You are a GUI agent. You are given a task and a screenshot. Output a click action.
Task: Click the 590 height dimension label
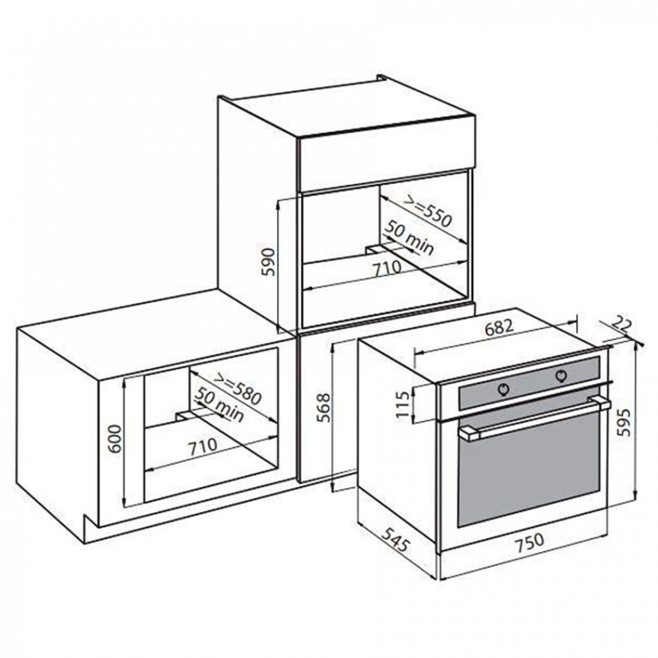pos(268,262)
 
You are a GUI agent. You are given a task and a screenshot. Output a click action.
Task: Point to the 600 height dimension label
pos(114,438)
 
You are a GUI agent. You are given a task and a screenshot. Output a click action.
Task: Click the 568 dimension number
pos(323,407)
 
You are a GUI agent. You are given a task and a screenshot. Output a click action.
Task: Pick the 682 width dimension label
pos(499,327)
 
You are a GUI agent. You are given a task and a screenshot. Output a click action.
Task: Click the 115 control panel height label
pos(402,403)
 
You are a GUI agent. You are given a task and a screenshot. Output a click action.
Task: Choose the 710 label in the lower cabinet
pos(203,447)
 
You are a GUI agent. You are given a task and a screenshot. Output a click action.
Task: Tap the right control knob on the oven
pos(561,375)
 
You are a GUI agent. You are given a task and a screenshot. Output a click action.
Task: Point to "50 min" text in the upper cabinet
pos(410,237)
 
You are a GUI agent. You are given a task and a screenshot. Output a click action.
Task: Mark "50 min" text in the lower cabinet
pos(220,405)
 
